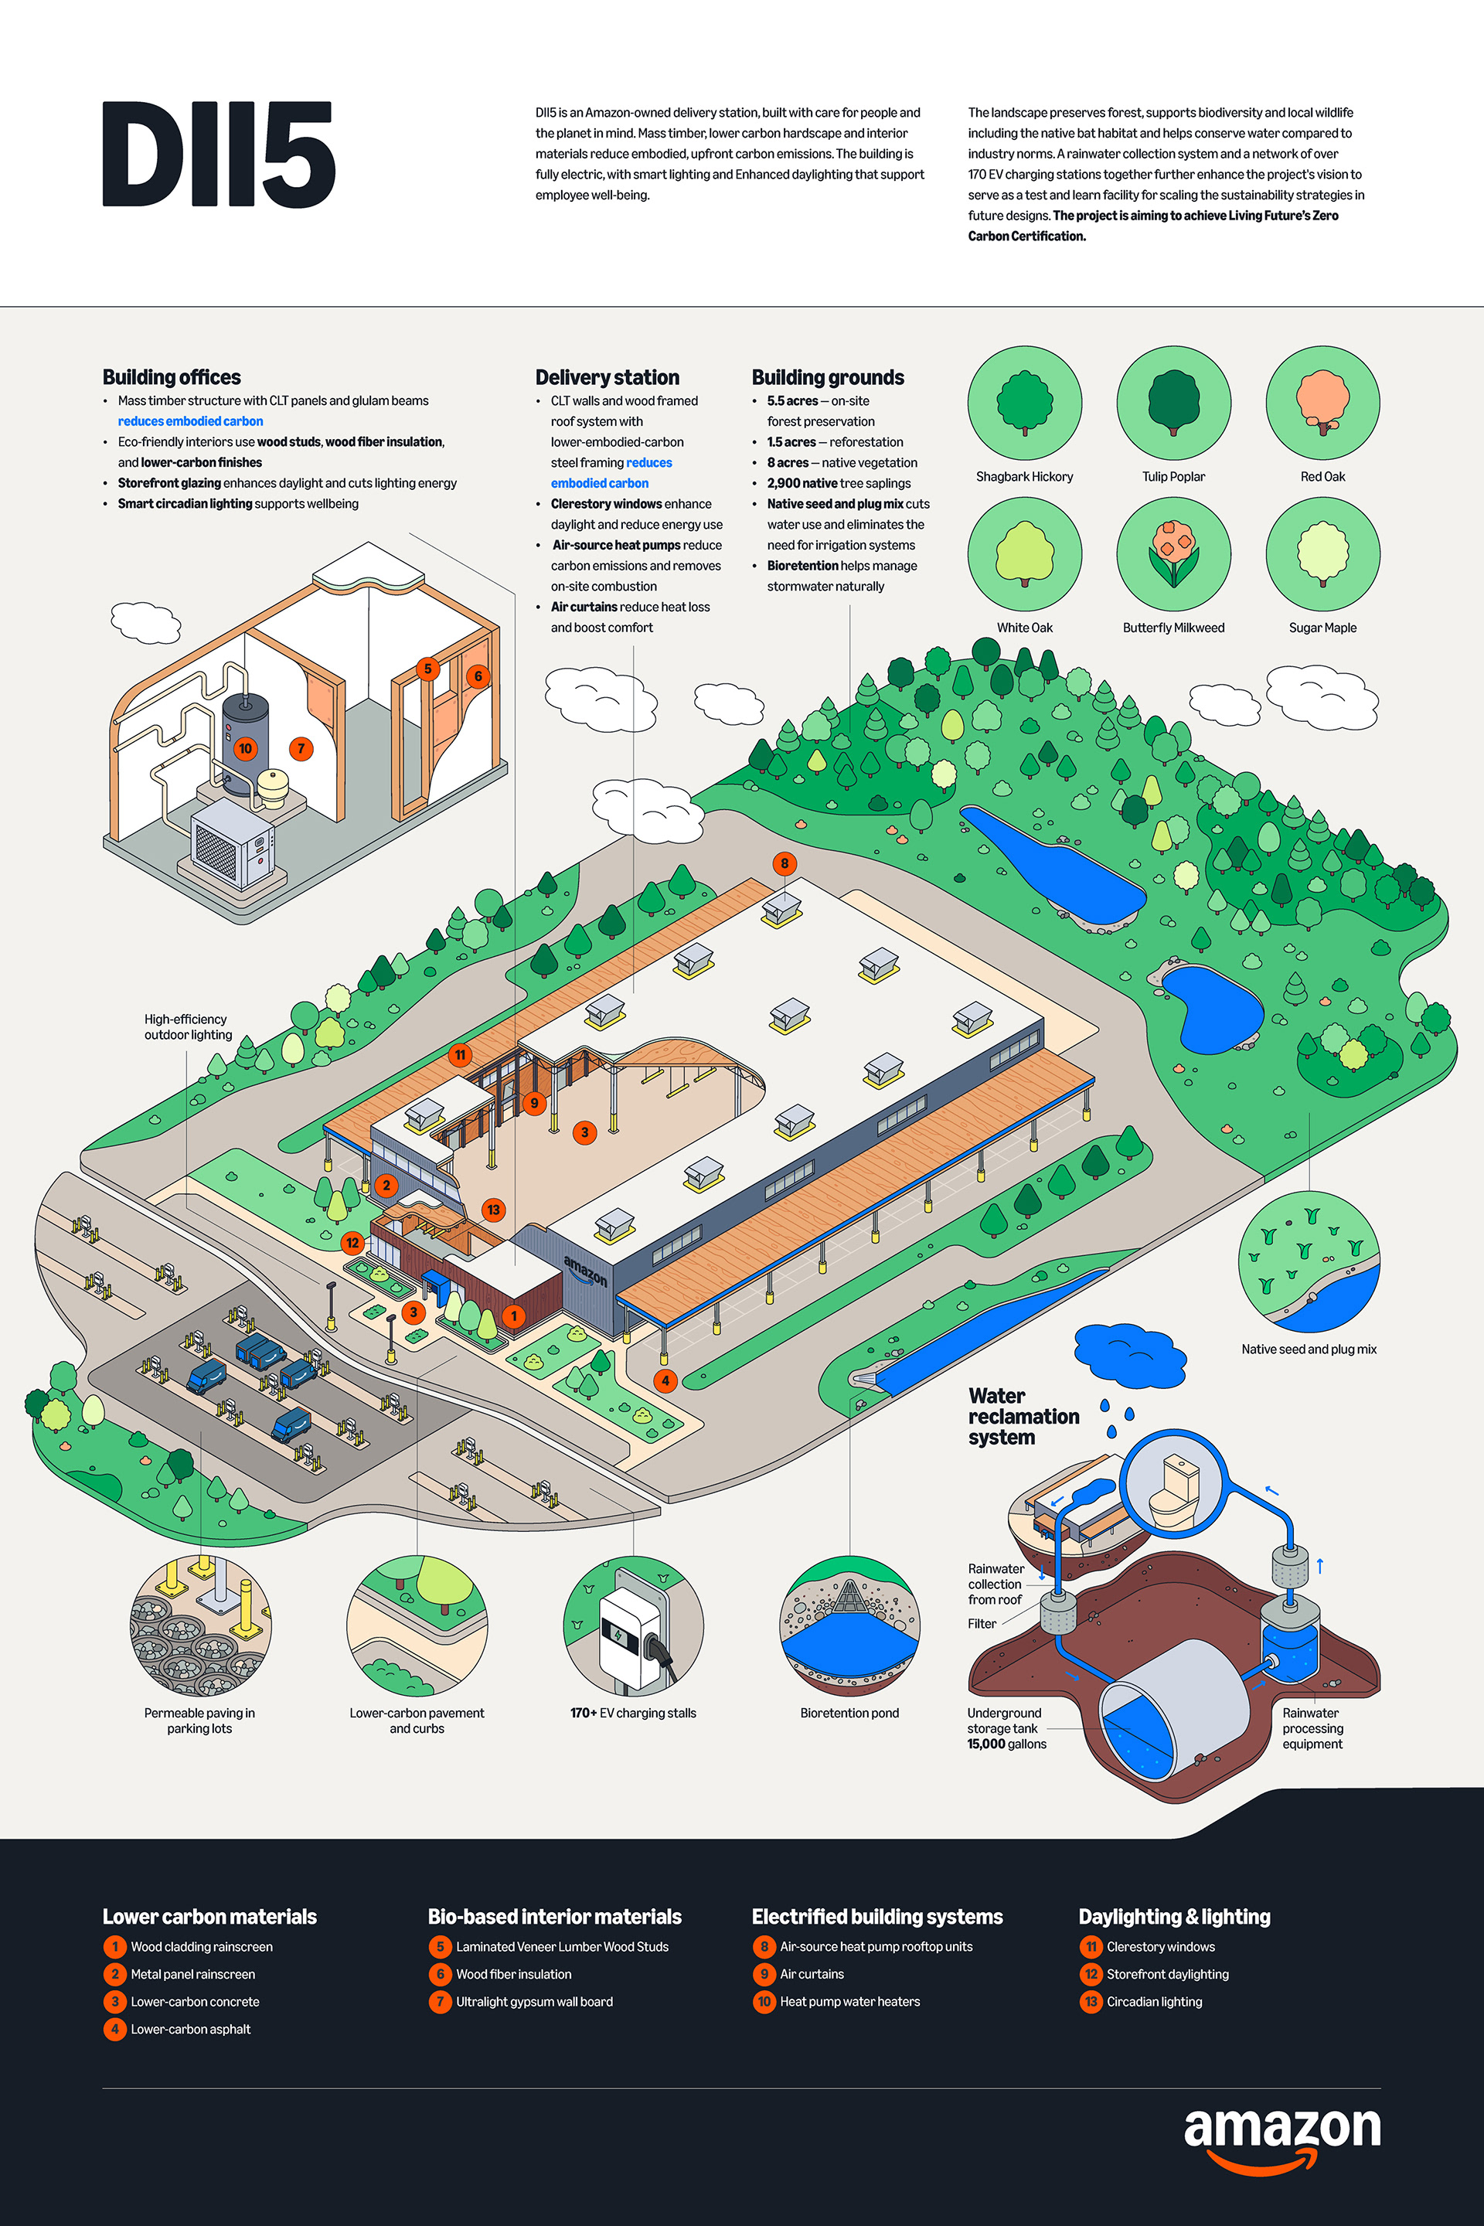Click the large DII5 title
(218, 155)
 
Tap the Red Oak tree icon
(1322, 402)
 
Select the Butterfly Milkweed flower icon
(1173, 553)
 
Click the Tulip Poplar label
(1173, 477)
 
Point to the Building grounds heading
(827, 378)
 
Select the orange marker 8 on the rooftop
(784, 863)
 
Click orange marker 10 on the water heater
(245, 749)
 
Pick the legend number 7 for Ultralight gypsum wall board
(439, 2002)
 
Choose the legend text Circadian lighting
(1154, 2002)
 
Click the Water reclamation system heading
(1023, 1416)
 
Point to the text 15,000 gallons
(1006, 1744)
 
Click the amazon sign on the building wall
(585, 1270)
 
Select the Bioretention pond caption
(849, 1713)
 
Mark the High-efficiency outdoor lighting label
(187, 1027)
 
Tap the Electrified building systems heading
(876, 1917)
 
